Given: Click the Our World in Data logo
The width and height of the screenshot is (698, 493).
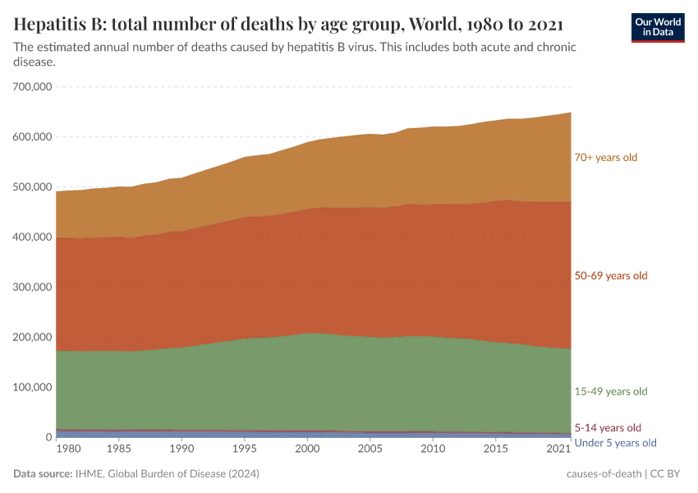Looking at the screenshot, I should point(657,27).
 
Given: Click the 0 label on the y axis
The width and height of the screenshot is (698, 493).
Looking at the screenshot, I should point(48,437).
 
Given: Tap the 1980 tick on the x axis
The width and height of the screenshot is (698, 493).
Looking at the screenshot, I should point(68,450).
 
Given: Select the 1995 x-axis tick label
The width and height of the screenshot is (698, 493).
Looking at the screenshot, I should point(244,450).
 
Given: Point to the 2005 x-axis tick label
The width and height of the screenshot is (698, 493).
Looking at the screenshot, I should point(370,450).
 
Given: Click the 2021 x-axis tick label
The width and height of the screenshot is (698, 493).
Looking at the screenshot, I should point(558,450).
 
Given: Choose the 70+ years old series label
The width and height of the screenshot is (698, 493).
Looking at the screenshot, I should point(606,157).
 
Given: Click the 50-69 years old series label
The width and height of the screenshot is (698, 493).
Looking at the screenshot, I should point(611,275).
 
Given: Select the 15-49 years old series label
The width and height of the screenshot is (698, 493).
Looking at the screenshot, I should point(611,391).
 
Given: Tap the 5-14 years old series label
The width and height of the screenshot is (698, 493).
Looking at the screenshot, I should point(608,427).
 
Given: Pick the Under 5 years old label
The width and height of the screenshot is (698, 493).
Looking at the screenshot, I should point(616,443).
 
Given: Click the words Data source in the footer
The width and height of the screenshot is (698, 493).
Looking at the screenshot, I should point(43,474).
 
